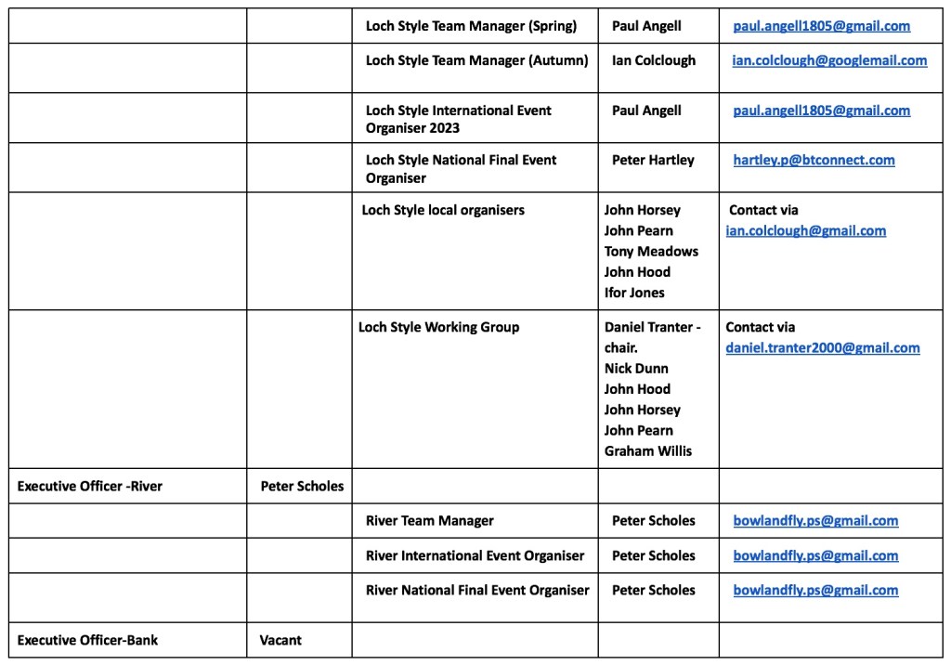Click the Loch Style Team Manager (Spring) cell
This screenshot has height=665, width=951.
471,26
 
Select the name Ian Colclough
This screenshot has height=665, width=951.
653,60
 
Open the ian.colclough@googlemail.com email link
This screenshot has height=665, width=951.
828,60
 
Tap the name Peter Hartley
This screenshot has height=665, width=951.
652,160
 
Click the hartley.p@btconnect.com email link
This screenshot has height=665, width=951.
814,160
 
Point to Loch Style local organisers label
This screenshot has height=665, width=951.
443,210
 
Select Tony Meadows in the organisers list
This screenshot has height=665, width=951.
651,251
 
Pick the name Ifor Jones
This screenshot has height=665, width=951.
634,292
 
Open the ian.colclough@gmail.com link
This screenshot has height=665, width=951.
805,230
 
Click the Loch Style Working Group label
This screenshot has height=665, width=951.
438,327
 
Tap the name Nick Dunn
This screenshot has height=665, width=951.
636,368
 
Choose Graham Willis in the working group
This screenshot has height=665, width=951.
647,450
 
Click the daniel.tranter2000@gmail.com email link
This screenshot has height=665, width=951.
822,347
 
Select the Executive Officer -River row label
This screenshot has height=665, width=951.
89,486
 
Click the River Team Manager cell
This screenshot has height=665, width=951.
429,520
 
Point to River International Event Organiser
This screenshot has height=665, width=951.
475,555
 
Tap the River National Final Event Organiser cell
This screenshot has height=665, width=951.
477,590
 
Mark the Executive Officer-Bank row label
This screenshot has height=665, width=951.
87,639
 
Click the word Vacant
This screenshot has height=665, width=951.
280,639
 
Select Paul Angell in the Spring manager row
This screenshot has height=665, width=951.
645,26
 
